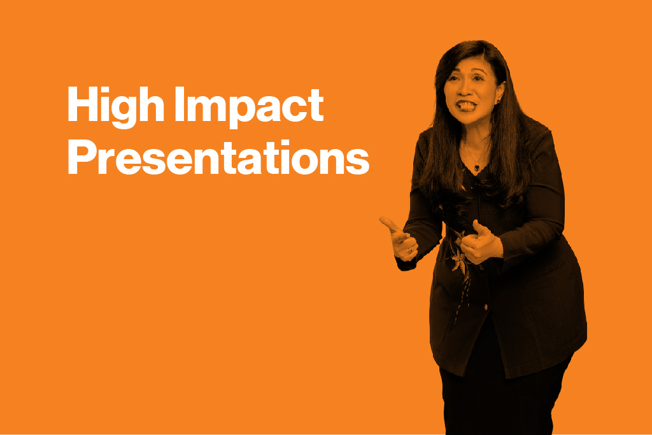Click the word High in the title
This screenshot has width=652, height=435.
pyautogui.click(x=116, y=107)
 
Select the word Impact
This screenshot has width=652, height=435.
pyautogui.click(x=249, y=107)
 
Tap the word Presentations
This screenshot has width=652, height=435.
pyautogui.click(x=218, y=157)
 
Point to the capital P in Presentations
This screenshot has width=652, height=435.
pyautogui.click(x=81, y=157)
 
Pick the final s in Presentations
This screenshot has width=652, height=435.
pyautogui.click(x=357, y=162)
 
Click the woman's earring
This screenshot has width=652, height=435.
pyautogui.click(x=497, y=101)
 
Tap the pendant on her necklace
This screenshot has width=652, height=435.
pyautogui.click(x=476, y=168)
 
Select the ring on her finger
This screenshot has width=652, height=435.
pyautogui.click(x=410, y=250)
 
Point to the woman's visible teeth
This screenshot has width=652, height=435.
pyautogui.click(x=466, y=105)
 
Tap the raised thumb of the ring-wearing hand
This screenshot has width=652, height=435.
pyautogui.click(x=390, y=225)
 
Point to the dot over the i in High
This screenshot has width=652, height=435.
pyautogui.click(x=103, y=90)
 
